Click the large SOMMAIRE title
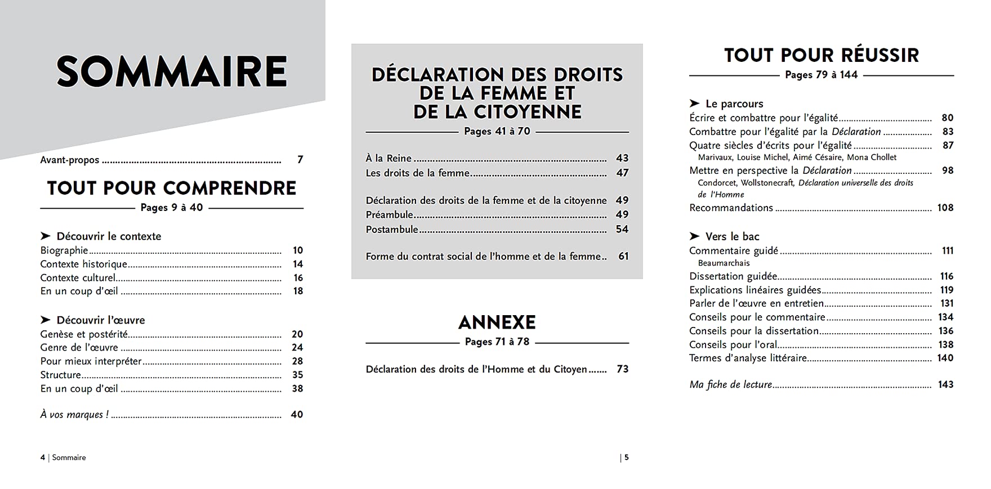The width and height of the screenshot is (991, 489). pyautogui.click(x=172, y=71)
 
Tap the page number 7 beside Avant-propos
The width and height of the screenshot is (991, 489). pyautogui.click(x=300, y=160)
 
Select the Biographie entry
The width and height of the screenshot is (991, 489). pyautogui.click(x=64, y=250)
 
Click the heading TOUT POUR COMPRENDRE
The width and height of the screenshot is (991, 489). pyautogui.click(x=172, y=188)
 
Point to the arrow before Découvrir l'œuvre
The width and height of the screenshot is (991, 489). pyautogui.click(x=46, y=320)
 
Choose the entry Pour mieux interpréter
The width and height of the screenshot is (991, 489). pyautogui.click(x=91, y=361)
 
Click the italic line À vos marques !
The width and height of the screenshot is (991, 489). pyautogui.click(x=74, y=415)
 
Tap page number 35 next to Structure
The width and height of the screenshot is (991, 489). pyautogui.click(x=297, y=375)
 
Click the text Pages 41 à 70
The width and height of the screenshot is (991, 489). pyautogui.click(x=497, y=131)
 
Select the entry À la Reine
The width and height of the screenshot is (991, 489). pyautogui.click(x=389, y=159)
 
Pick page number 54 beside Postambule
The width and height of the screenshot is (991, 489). pyautogui.click(x=622, y=229)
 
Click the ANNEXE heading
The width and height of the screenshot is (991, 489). pyautogui.click(x=497, y=322)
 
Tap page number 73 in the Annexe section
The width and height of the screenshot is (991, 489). pyautogui.click(x=622, y=369)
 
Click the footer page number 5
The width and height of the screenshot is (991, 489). pyautogui.click(x=626, y=457)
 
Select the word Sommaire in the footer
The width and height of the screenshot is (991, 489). pyautogui.click(x=69, y=457)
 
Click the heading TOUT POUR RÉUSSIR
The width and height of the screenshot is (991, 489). pyautogui.click(x=822, y=55)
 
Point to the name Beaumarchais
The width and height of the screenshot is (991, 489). pyautogui.click(x=724, y=263)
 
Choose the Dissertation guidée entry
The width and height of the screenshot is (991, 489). pyautogui.click(x=733, y=276)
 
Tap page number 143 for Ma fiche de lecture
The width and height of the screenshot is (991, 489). pyautogui.click(x=945, y=385)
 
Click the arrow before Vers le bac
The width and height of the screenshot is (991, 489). pyautogui.click(x=694, y=236)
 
